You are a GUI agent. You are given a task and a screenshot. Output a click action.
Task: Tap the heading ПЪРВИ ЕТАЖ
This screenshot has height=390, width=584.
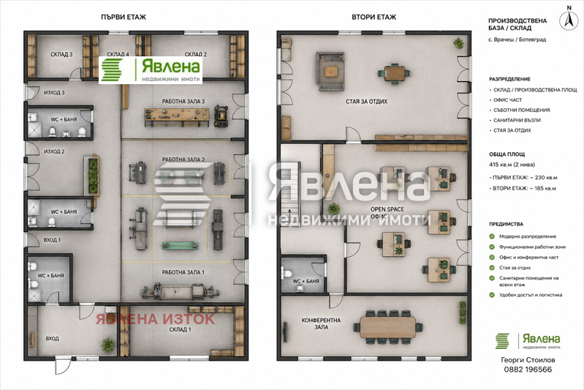pos(124,17)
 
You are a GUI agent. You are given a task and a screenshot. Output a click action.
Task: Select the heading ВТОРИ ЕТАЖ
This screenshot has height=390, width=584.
pos(374,17)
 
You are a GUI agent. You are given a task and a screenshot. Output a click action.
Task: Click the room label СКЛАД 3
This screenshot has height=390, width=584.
pos(61,54)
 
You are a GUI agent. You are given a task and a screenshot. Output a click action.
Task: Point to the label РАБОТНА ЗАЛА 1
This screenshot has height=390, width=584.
pos(183,272)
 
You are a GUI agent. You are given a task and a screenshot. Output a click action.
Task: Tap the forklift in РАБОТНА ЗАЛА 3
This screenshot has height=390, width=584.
pos(221,116)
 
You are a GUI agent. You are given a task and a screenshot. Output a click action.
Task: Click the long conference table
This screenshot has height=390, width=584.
pos(387,327)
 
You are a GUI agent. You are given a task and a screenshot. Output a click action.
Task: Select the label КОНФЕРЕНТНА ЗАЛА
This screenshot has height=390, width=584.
pos(321,323)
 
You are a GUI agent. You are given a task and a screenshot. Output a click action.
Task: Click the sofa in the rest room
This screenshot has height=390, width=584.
pos(330,71)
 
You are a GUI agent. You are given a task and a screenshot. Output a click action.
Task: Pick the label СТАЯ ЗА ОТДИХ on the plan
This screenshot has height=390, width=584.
pos(366,102)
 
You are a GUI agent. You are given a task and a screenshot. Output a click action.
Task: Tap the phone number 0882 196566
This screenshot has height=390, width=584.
pos(528,370)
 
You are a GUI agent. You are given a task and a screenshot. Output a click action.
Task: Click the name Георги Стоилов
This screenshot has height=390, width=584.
pos(528,360)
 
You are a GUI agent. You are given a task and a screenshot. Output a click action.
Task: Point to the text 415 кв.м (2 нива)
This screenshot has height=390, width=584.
pos(512,165)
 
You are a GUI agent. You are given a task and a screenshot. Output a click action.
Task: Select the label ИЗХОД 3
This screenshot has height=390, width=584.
pos(54,92)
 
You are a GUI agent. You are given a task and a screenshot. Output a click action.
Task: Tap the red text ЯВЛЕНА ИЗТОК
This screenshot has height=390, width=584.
pos(155,319)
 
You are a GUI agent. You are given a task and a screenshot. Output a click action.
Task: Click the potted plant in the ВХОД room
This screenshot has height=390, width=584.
pos(108,345)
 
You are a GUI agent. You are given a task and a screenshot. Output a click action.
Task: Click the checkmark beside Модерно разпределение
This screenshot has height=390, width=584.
pos(492,236)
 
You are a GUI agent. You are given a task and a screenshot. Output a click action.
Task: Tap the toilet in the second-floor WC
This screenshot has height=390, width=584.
pos(287,272)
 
